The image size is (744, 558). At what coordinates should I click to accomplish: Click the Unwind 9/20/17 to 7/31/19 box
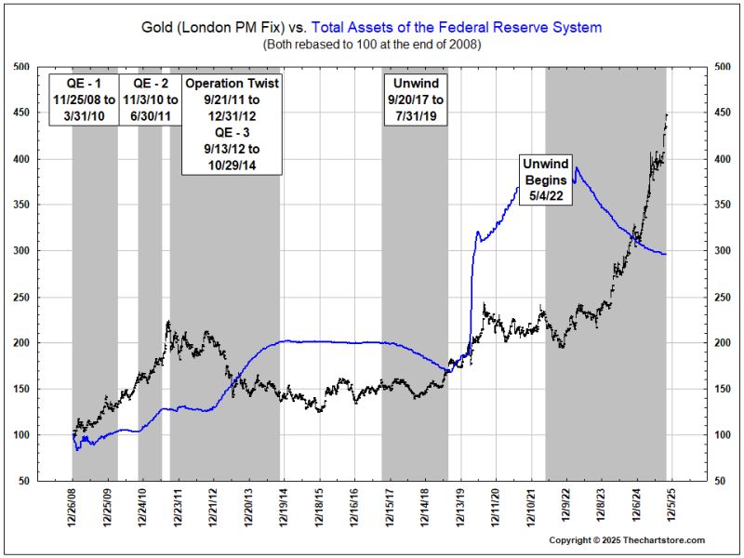point(414,95)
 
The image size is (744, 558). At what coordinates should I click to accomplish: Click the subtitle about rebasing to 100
point(371,44)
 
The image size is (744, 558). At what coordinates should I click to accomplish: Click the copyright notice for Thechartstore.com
point(626,540)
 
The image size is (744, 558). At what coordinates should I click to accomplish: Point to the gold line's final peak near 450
point(667,113)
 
